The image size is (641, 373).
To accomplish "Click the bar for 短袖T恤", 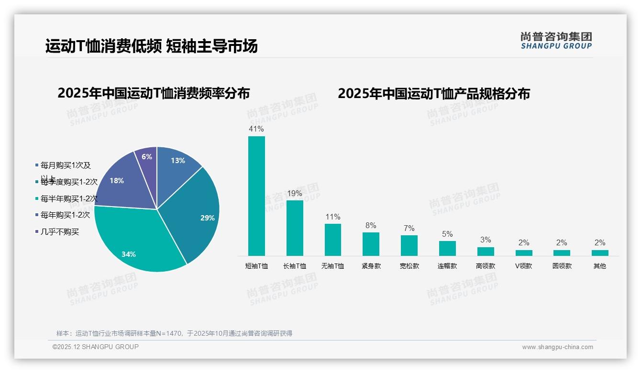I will point(256,196).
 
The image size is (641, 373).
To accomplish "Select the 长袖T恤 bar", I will point(295,228).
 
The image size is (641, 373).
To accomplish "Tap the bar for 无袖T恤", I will point(333,240).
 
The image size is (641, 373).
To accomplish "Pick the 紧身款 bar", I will point(371,244).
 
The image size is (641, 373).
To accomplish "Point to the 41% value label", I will point(256,129).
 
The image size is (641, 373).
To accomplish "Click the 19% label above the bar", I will point(295,193).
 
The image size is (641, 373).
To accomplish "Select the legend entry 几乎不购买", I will point(60,232).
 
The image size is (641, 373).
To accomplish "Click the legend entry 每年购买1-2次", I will point(65,215).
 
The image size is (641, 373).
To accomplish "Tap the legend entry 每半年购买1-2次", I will point(69,198).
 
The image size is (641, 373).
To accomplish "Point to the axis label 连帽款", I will point(447,266).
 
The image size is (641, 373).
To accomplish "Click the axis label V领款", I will point(523,266).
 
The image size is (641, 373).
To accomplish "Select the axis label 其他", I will point(600,266).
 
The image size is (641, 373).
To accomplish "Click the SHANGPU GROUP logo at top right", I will point(556,41).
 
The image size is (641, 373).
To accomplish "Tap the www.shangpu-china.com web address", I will point(557,347).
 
